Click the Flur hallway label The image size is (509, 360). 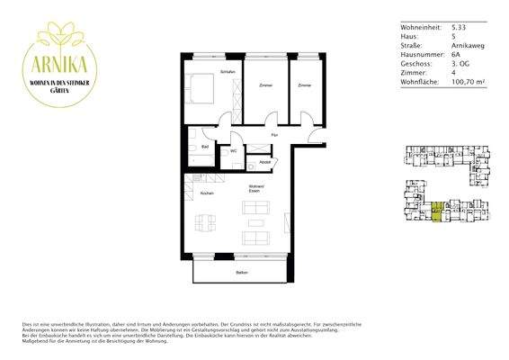click(x=273, y=134)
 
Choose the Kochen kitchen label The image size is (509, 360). click(x=207, y=193)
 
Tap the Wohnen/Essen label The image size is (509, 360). click(x=256, y=191)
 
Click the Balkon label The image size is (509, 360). click(x=241, y=272)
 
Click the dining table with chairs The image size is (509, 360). click(x=206, y=221)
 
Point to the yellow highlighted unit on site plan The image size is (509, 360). click(x=436, y=213)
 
